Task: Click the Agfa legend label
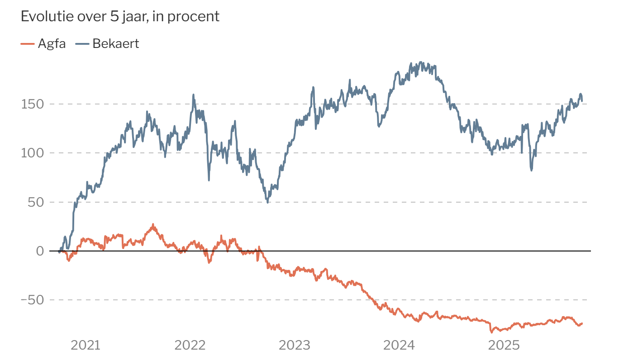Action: click(52, 44)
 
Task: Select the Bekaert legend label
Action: click(116, 44)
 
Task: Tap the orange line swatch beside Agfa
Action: click(27, 44)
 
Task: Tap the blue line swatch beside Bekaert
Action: click(82, 44)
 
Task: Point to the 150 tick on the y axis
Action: click(33, 104)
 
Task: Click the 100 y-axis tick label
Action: click(33, 153)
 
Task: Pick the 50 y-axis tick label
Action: click(36, 203)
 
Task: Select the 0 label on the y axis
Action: click(40, 251)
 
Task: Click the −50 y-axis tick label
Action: click(33, 300)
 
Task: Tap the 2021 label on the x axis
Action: click(86, 346)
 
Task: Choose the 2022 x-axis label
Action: click(190, 346)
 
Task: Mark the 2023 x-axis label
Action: click(295, 346)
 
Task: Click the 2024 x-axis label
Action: click(399, 346)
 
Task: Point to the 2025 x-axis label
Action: click(504, 346)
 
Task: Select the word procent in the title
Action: click(194, 17)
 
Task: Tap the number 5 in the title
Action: click(114, 17)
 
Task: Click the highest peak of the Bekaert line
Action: click(421, 62)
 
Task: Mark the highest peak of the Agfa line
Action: click(153, 225)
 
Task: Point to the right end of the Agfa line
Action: click(582, 323)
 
